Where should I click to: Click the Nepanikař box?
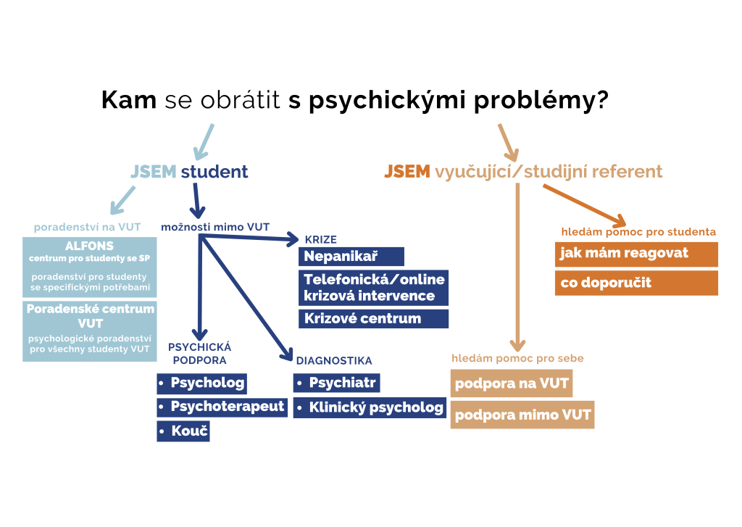pos(351,256)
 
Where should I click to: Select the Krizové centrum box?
pos(373,318)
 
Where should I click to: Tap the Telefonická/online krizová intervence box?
pos(373,287)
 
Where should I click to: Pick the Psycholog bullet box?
pos(201,383)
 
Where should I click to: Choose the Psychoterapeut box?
pos(222,407)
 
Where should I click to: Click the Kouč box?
pos(183,431)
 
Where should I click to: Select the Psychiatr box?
pos(336,383)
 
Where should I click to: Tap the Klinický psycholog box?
pos(370,407)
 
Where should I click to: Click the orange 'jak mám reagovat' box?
pos(636,254)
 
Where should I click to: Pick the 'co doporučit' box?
pos(636,283)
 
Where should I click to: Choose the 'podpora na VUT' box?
pos(512,383)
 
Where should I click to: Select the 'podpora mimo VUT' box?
pos(522,415)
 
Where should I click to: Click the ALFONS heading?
pos(89,246)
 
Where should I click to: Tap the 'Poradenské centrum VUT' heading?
pos(91,316)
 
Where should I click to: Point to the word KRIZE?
pos(321,240)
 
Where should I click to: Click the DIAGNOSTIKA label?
pos(334,361)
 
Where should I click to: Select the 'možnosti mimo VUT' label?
pos(215,228)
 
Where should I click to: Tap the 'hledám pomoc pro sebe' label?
pos(517,358)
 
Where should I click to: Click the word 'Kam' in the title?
pos(129,100)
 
